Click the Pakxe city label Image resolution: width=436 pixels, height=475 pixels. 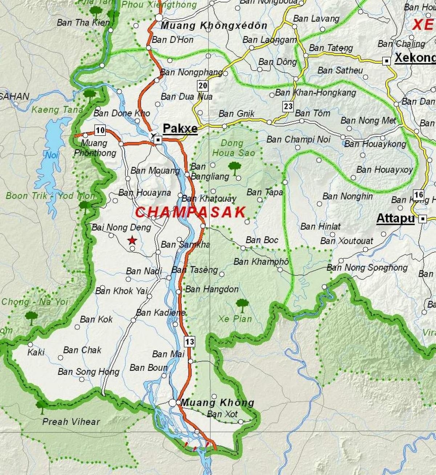click(x=180, y=128)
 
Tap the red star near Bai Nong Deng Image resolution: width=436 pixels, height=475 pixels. click(x=132, y=240)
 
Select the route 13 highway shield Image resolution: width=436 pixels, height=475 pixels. click(x=189, y=341)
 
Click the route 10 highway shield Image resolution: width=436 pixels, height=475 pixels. click(x=100, y=130)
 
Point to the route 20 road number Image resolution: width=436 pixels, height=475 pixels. click(x=203, y=86)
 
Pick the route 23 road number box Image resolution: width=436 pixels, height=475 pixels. click(x=288, y=106)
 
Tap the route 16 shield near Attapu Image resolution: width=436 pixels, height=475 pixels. click(x=419, y=195)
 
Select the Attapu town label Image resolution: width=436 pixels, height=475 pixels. click(x=395, y=218)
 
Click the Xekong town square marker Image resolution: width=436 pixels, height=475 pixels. click(x=386, y=61)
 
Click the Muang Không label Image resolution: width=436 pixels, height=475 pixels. click(x=217, y=402)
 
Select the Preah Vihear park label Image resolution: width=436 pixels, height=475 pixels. click(x=71, y=421)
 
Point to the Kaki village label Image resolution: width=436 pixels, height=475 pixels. click(x=36, y=352)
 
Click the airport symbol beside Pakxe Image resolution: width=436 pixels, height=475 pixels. click(x=152, y=135)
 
